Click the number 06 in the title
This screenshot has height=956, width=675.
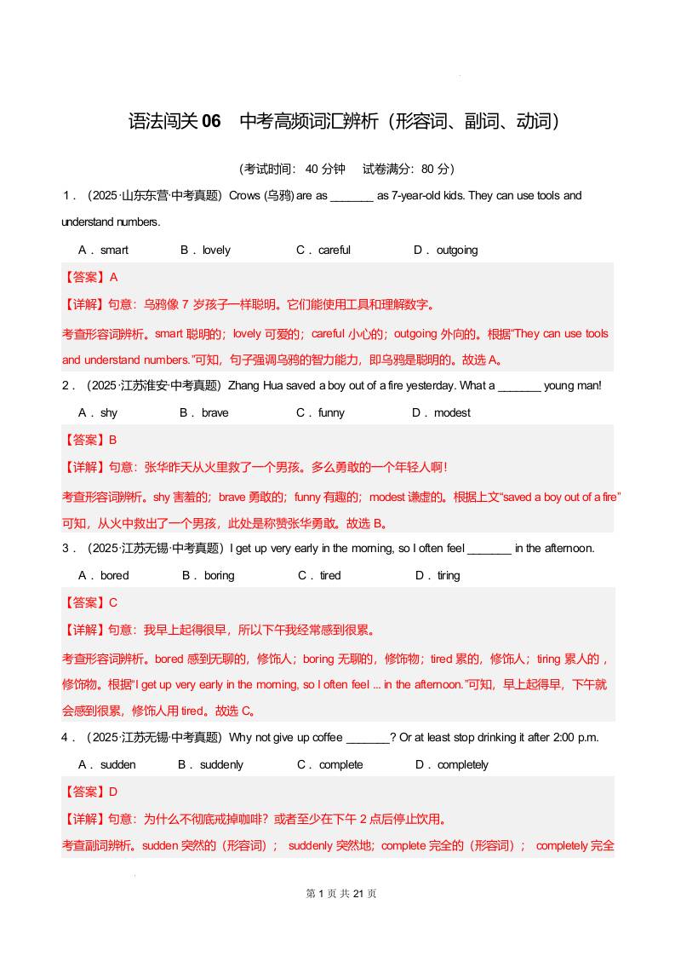pyautogui.click(x=211, y=121)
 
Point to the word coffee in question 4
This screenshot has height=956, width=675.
pyautogui.click(x=328, y=738)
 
